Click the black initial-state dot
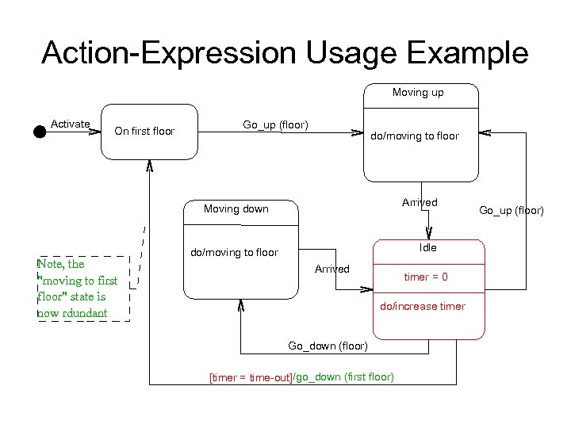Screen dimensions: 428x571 (x=40, y=132)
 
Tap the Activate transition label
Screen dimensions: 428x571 (x=70, y=124)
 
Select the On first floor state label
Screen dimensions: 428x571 (x=144, y=132)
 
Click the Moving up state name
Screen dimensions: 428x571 (x=418, y=93)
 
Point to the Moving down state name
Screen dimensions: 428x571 (x=236, y=209)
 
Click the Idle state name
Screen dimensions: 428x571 (x=428, y=247)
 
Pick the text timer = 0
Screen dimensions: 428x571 (x=426, y=277)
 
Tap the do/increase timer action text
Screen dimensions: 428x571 (x=423, y=306)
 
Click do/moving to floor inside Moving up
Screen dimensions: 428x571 (x=415, y=136)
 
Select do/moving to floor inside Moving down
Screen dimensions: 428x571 (x=234, y=253)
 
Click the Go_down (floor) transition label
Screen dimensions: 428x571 (x=328, y=346)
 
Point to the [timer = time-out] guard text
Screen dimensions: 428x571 (x=250, y=377)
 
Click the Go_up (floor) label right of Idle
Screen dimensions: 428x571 (x=512, y=210)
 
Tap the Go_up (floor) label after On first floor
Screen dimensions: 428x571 (x=275, y=124)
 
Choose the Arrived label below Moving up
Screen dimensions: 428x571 (x=420, y=202)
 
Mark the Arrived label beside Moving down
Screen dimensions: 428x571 (x=331, y=269)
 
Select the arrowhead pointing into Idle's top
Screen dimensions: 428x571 (x=428, y=234)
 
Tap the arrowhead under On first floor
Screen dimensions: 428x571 (x=150, y=166)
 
